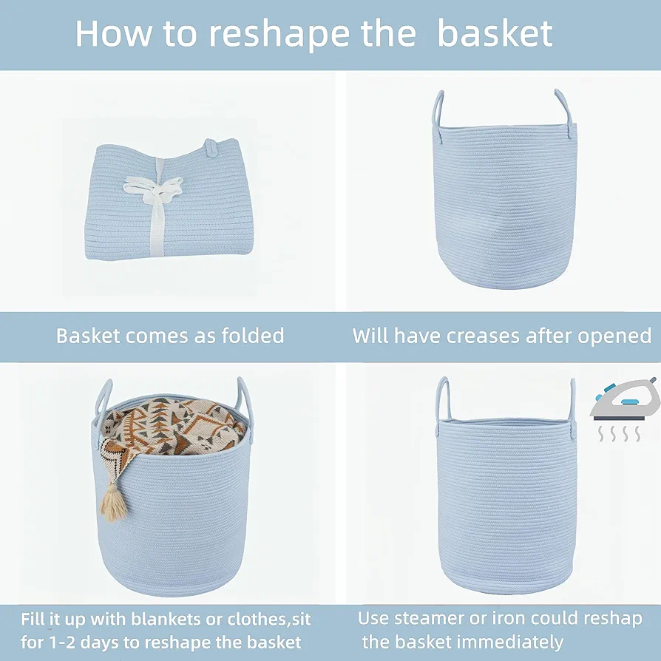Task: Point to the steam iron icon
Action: point(625,399)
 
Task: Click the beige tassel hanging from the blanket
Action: point(113,503)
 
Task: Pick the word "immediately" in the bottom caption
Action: point(509,642)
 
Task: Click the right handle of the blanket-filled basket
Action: point(246,405)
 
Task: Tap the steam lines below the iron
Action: point(620,434)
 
